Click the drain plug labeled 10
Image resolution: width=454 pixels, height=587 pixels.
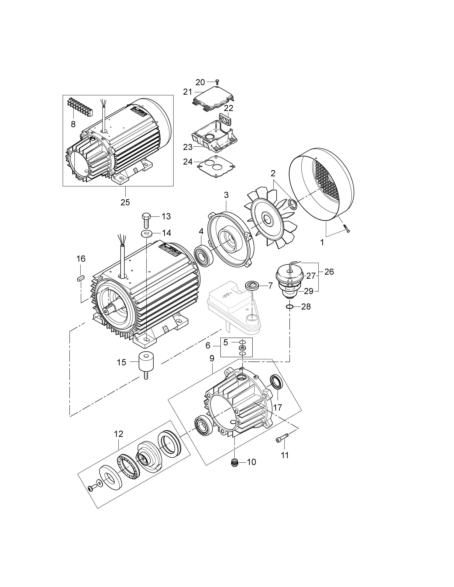pyautogui.click(x=235, y=462)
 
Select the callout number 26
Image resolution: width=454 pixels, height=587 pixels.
pyautogui.click(x=329, y=272)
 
